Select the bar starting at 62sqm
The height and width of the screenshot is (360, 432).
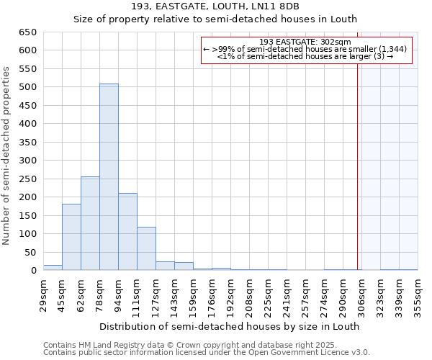click(x=90, y=223)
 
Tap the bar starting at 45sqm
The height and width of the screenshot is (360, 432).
click(x=71, y=237)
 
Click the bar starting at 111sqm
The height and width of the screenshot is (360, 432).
click(x=146, y=248)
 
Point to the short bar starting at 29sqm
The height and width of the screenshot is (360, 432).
click(x=53, y=267)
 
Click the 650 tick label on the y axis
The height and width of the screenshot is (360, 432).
click(x=28, y=32)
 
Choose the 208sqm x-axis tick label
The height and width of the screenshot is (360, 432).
click(x=249, y=295)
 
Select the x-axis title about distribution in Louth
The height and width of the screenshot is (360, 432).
click(x=229, y=326)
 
